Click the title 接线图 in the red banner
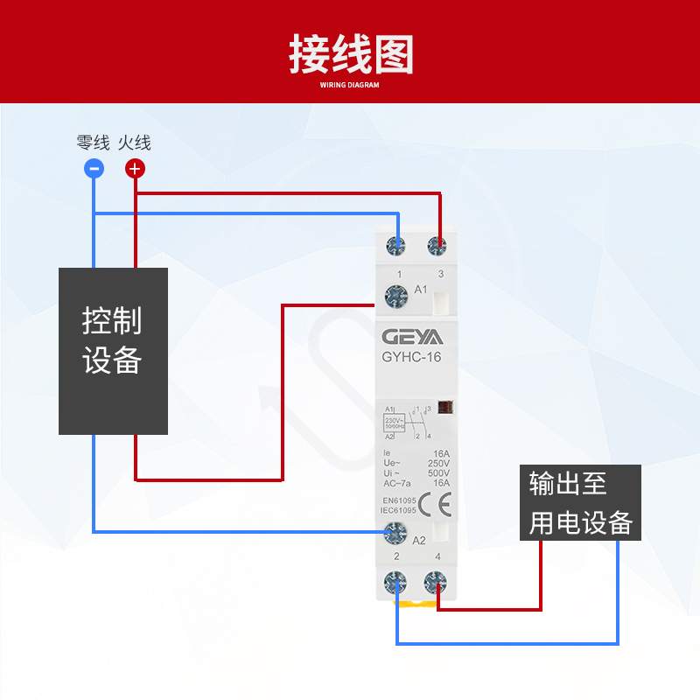pyautogui.click(x=350, y=54)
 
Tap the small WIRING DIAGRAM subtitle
pyautogui.click(x=350, y=86)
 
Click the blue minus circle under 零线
pyautogui.click(x=94, y=169)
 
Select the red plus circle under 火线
pyautogui.click(x=135, y=169)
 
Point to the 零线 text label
pyautogui.click(x=93, y=143)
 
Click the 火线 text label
pyautogui.click(x=135, y=143)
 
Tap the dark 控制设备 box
pyautogui.click(x=113, y=351)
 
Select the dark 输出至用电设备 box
pyautogui.click(x=580, y=502)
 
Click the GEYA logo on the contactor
pyautogui.click(x=412, y=337)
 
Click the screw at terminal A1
pyautogui.click(x=396, y=297)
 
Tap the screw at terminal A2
pyautogui.click(x=396, y=531)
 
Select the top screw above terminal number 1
pyautogui.click(x=398, y=247)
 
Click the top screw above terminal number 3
pyautogui.click(x=437, y=247)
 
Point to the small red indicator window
pyautogui.click(x=444, y=407)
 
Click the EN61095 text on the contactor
pyautogui.click(x=399, y=500)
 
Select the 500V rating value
pyautogui.click(x=438, y=472)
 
